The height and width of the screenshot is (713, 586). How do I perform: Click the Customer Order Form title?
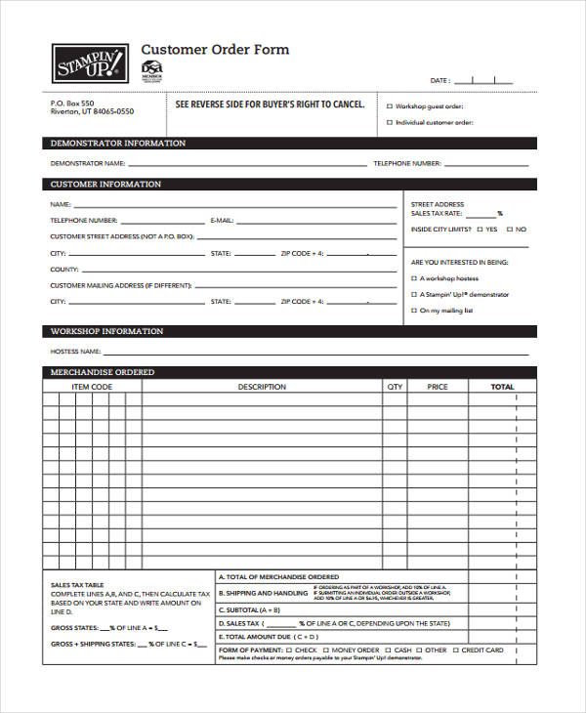pos(215,50)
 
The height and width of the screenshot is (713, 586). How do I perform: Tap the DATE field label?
pos(439,80)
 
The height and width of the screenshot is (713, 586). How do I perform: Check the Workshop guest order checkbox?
pos(390,106)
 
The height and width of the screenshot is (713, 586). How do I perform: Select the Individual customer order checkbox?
pos(390,123)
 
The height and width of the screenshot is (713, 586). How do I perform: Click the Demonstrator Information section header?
pos(118,144)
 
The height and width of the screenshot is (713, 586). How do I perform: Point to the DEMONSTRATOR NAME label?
pos(88,163)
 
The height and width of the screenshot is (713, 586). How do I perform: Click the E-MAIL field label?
pos(222,221)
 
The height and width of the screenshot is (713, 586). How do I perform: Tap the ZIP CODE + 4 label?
pos(302,253)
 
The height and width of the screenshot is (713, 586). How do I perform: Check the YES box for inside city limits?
pos(480,230)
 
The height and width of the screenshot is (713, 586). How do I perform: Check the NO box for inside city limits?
pos(509,230)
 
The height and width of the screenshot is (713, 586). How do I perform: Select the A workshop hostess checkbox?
pos(414,277)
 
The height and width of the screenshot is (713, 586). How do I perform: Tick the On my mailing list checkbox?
pos(414,311)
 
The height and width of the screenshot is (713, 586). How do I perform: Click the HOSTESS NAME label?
pos(75,351)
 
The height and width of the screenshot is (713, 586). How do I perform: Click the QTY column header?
pos(395,387)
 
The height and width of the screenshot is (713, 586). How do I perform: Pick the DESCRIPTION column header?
pos(262,387)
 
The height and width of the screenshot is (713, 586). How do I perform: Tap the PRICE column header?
pos(438,387)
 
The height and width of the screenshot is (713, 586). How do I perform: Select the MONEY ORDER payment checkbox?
pos(325,650)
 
